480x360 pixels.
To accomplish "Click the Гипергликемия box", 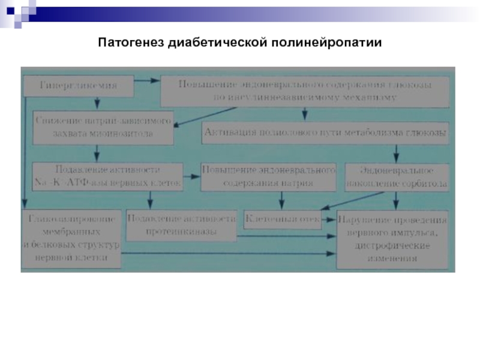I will (78, 86).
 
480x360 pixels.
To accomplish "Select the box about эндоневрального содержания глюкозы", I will (305, 92).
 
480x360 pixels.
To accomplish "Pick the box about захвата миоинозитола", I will (103, 128).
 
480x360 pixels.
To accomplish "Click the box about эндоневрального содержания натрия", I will (268, 177).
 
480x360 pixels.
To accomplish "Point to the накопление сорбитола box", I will (395, 177).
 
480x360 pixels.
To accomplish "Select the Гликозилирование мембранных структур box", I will (72, 238).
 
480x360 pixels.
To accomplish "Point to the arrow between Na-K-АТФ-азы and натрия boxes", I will (192, 176).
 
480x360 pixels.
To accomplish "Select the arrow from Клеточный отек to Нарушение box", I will (329, 220).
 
